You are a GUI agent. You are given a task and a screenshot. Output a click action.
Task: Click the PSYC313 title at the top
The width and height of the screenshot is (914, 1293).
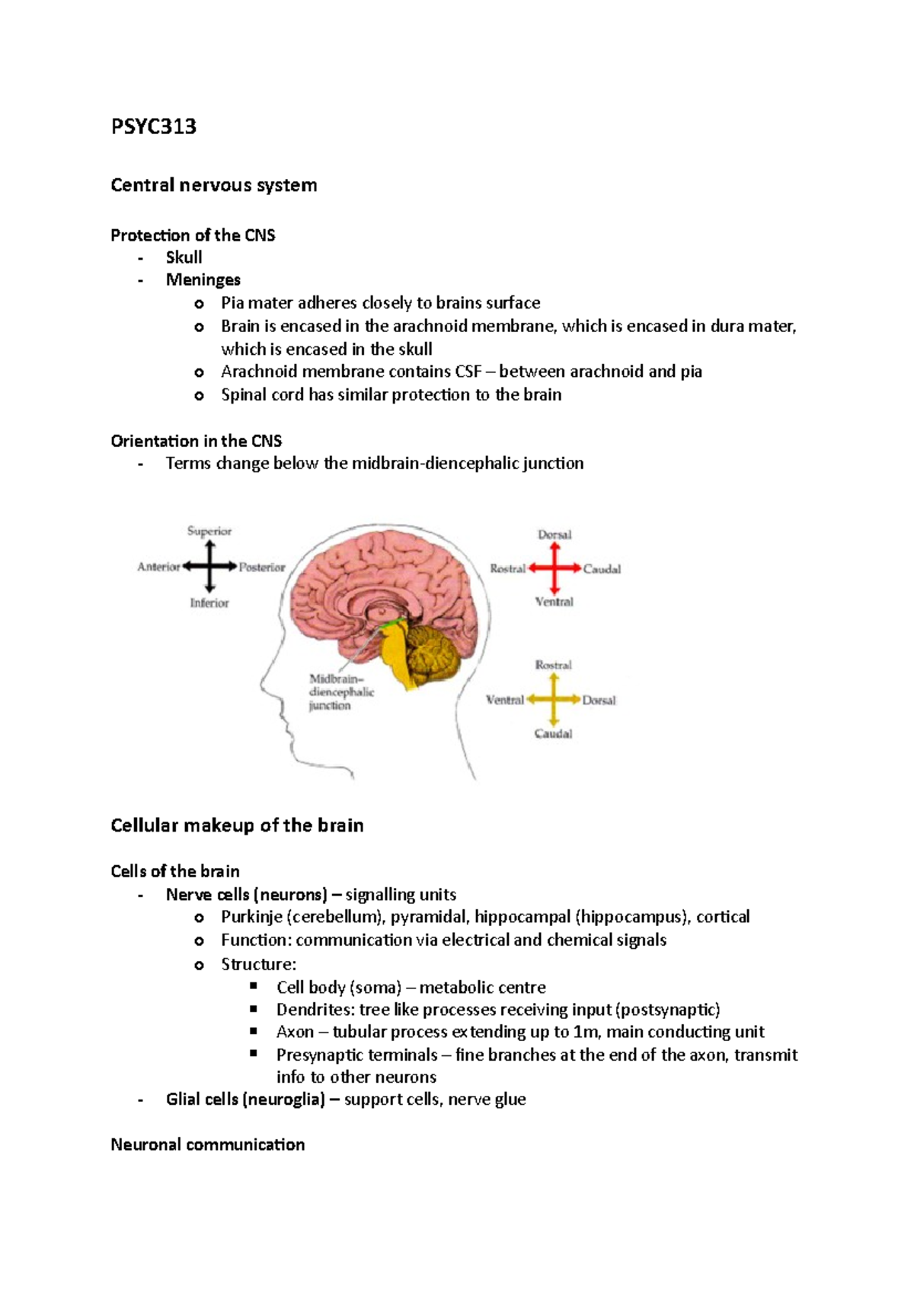pos(153,126)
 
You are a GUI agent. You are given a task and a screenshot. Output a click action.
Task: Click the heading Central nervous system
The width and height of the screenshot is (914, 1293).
pos(213,185)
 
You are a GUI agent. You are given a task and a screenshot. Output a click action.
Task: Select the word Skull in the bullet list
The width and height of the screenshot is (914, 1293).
pos(184,257)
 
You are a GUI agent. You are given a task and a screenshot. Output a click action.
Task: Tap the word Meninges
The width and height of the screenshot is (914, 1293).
pos(203,279)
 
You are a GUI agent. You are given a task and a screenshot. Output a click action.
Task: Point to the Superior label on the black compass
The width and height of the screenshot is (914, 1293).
pos(209,531)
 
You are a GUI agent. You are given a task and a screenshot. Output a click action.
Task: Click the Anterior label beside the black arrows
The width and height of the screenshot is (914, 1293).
pos(158,567)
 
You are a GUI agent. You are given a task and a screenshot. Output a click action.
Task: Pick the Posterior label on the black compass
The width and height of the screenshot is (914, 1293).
pos(262,567)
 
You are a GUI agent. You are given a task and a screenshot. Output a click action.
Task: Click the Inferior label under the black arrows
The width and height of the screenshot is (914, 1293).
pos(209,603)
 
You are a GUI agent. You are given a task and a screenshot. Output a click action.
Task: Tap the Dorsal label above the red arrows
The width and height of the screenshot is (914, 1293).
pos(554,535)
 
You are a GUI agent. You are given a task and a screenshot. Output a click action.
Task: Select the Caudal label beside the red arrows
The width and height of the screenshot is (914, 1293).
pos(602,569)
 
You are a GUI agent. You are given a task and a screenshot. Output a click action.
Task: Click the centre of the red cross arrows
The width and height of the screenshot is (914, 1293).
pos(554,568)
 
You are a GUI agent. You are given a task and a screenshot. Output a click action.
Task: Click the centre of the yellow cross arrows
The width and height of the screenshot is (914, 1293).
pos(553,699)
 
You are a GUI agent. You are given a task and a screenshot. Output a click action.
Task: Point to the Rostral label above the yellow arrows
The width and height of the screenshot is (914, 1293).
pos(553,665)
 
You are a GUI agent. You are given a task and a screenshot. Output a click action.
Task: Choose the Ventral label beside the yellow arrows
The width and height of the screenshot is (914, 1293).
pos(505,700)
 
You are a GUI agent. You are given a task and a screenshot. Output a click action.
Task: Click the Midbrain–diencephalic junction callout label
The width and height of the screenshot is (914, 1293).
pos(340,692)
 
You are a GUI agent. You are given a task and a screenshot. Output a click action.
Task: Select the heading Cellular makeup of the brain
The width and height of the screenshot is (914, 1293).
pos(237,825)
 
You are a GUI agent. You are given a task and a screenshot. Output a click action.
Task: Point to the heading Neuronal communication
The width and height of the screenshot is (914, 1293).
pos(207,1145)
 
